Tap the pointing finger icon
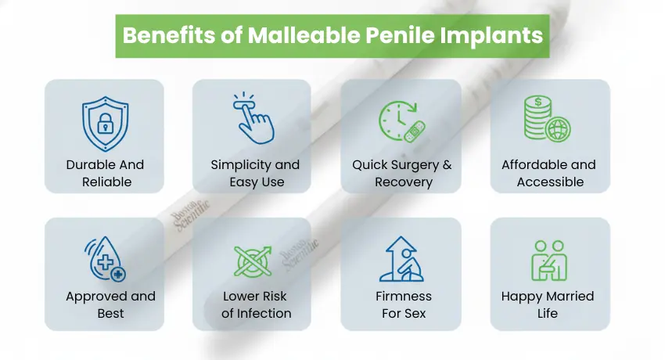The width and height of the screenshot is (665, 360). click(252, 121)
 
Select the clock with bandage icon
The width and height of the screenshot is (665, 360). click(401, 122)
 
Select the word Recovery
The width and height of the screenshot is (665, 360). click(403, 182)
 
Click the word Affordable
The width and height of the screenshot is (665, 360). click(535, 165)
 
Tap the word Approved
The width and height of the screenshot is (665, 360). click(96, 297)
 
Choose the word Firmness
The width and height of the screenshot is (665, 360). click(403, 297)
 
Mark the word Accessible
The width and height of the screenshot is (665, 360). click(550, 182)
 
